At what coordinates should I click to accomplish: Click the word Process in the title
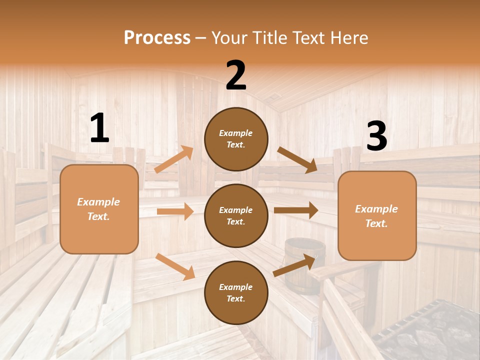point(157,37)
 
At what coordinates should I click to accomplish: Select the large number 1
point(99,128)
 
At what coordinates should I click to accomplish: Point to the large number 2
point(236,75)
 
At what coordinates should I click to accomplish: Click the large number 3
point(376,136)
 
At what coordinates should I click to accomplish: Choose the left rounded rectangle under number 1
point(99,209)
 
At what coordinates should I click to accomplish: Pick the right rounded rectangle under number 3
point(377,215)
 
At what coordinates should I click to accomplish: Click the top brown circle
point(236,139)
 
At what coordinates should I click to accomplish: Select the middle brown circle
point(236,215)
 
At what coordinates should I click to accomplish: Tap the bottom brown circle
point(236,292)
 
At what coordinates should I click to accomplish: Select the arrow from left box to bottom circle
point(175,266)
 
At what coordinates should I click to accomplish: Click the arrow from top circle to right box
point(297,160)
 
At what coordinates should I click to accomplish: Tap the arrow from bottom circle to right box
point(294,265)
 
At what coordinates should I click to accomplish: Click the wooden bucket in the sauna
point(304,262)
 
